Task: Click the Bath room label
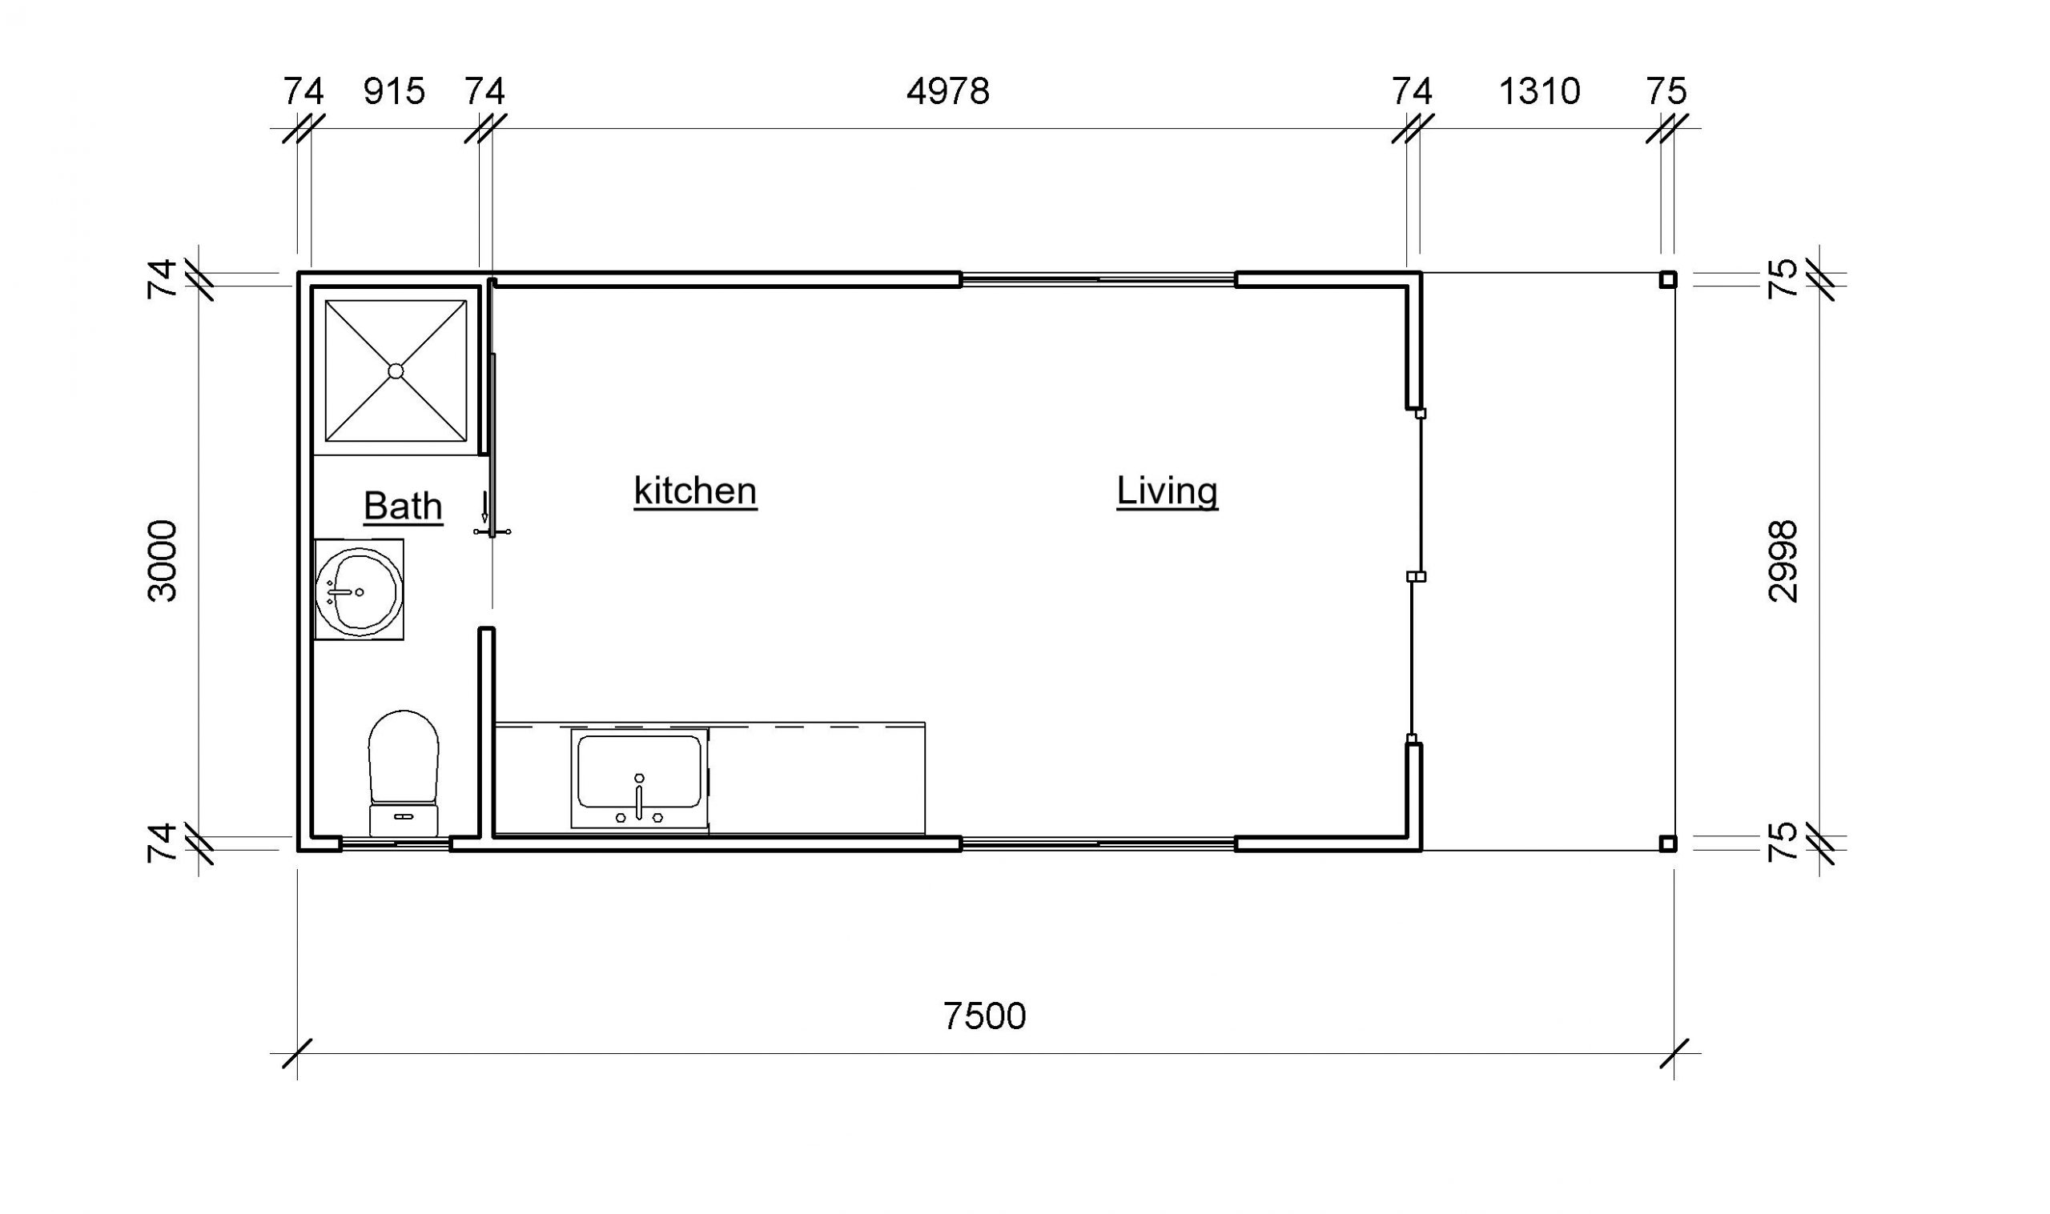(403, 506)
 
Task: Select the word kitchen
(695, 491)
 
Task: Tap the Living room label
(1167, 491)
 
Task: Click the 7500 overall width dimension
(984, 1016)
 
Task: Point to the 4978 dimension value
(947, 90)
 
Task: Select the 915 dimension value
(395, 90)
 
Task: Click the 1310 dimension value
(1539, 90)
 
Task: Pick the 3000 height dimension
(162, 561)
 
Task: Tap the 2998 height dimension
(1783, 561)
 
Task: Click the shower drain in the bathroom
(396, 371)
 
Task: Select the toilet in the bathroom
(404, 772)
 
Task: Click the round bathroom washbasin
(360, 591)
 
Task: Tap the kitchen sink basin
(639, 771)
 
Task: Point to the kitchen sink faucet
(639, 798)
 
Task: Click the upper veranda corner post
(1668, 280)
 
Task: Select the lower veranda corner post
(1668, 843)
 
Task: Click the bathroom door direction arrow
(484, 507)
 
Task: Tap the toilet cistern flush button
(404, 816)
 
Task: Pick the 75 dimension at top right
(1666, 90)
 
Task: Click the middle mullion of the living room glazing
(1416, 577)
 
